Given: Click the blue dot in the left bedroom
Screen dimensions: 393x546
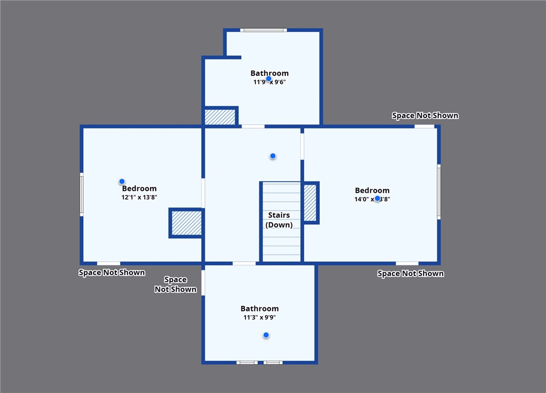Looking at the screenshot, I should (x=122, y=181).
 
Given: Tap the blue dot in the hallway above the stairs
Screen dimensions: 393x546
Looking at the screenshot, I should (x=272, y=156).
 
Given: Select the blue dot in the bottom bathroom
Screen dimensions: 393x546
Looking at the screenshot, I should (x=266, y=335).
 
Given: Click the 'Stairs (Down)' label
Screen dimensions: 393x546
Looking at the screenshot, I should (x=279, y=220).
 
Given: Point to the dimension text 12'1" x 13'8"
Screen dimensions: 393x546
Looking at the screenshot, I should (x=139, y=198).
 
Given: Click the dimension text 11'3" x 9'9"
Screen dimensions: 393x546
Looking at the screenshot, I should (x=260, y=317).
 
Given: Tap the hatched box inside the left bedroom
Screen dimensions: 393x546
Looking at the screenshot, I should (x=186, y=223).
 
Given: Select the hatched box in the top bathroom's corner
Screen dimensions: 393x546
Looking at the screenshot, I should (x=220, y=117).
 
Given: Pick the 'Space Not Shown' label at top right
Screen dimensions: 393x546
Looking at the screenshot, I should (x=425, y=115).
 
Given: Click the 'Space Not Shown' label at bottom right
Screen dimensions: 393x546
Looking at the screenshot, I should (x=410, y=273).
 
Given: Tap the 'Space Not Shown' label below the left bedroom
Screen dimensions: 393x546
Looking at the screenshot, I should (x=111, y=272).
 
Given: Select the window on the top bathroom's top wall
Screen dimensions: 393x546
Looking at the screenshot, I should (x=263, y=30).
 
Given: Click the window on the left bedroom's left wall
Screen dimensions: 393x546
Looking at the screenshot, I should (x=82, y=194).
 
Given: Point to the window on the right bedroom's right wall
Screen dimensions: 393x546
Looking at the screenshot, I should (x=438, y=192).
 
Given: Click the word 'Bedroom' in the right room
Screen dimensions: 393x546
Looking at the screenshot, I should (x=372, y=191).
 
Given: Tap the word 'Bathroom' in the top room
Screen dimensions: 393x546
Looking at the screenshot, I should (x=269, y=73).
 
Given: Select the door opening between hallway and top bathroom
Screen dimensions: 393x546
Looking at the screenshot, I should (x=253, y=126).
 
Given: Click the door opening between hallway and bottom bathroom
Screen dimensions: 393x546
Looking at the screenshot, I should (x=244, y=263).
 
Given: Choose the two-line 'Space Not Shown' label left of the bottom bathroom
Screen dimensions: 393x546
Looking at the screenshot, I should (x=176, y=284).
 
